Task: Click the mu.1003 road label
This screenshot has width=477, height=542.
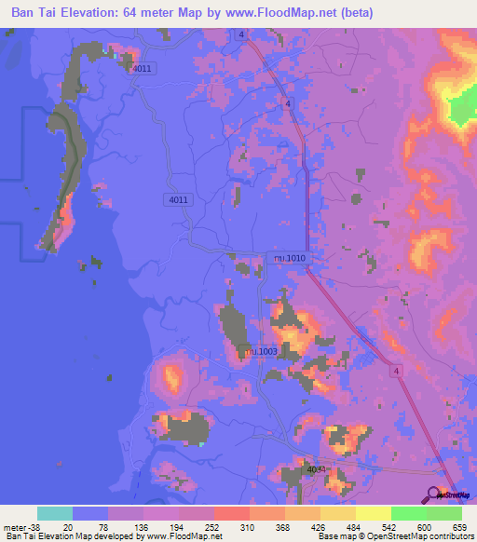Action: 257,350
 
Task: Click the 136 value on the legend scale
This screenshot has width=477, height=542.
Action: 143,527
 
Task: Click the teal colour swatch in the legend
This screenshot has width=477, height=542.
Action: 55,513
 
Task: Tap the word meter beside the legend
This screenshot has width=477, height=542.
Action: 15,527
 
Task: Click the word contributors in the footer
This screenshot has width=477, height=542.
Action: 448,536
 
